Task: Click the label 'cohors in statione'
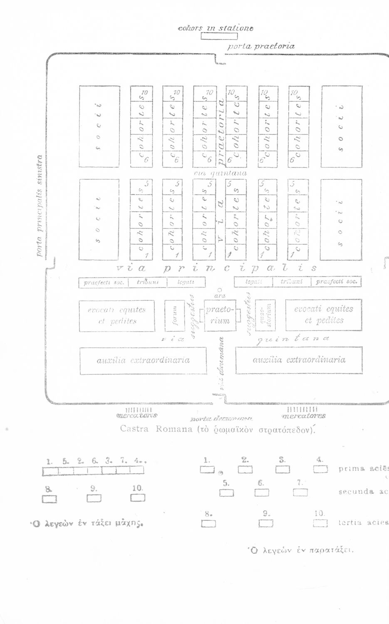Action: click(x=215, y=28)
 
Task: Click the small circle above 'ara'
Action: click(x=220, y=290)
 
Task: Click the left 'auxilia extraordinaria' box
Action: click(x=143, y=360)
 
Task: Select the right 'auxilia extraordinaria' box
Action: click(x=299, y=360)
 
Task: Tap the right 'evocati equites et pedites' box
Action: click(x=323, y=315)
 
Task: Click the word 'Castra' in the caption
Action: click(x=134, y=429)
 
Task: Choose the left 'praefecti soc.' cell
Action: click(x=104, y=283)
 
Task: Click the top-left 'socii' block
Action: click(x=99, y=126)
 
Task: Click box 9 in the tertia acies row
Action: click(x=266, y=523)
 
